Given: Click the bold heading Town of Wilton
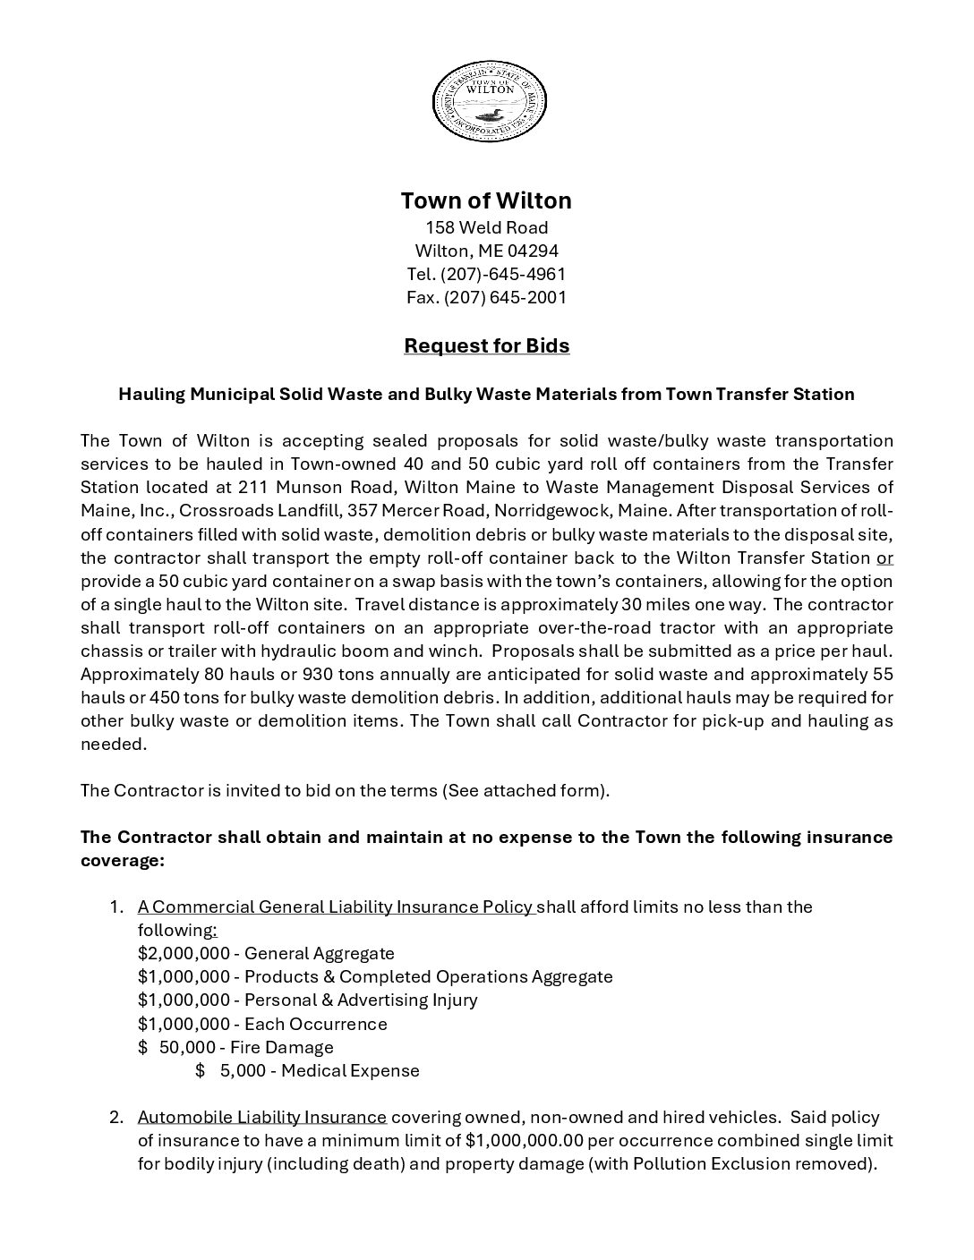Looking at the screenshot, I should [x=486, y=200].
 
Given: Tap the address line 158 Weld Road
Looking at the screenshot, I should [x=486, y=227].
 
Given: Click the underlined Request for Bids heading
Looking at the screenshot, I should [x=486, y=345].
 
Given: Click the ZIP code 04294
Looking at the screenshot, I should [x=532, y=251].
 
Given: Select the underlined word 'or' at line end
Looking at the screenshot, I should [x=884, y=558].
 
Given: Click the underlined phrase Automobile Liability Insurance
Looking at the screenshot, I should [x=262, y=1117].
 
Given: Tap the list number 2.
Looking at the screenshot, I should [x=116, y=1117].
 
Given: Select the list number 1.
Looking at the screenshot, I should [x=115, y=907].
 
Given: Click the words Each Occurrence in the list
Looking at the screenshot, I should [x=315, y=1024].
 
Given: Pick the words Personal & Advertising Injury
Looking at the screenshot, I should [x=361, y=1000].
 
